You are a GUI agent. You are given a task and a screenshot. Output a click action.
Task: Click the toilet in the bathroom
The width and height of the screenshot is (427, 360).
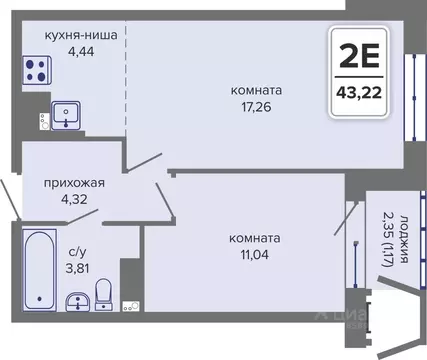tap(103, 294)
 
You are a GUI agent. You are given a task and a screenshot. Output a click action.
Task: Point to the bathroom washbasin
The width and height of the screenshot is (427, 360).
tap(75, 303)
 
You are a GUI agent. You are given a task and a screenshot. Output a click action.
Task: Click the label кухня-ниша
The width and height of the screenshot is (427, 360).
tap(79, 34)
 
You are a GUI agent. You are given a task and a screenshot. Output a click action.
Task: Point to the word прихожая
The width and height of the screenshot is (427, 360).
tap(74, 183)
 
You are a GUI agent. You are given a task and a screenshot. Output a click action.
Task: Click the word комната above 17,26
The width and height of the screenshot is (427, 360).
tap(254, 90)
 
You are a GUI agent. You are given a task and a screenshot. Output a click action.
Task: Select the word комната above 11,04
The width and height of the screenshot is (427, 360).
tap(254, 238)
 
